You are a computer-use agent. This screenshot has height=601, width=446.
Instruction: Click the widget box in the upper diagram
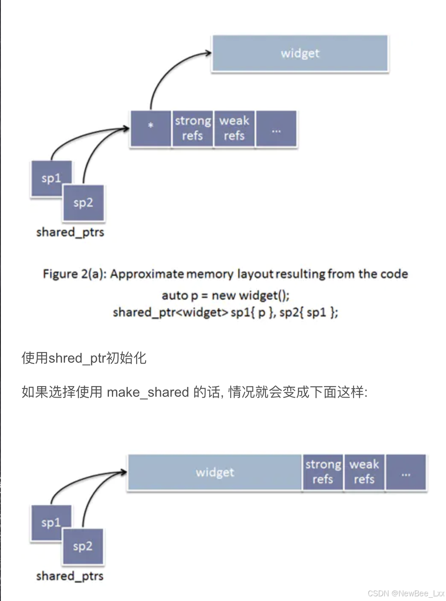pyautogui.click(x=300, y=53)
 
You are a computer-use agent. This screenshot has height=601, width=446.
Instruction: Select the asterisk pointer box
pyautogui.click(x=151, y=129)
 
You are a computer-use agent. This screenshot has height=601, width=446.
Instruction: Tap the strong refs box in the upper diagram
pyautogui.click(x=192, y=129)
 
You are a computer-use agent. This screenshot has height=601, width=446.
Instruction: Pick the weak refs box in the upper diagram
pyautogui.click(x=234, y=129)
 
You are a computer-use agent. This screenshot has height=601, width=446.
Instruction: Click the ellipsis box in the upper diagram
pyautogui.click(x=276, y=129)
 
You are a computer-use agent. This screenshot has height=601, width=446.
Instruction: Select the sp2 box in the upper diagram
pyautogui.click(x=83, y=203)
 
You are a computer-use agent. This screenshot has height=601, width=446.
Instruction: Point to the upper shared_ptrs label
pyautogui.click(x=70, y=232)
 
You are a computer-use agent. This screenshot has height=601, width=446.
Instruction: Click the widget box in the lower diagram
pyautogui.click(x=214, y=472)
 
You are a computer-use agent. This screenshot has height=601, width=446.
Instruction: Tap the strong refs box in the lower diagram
pyautogui.click(x=323, y=472)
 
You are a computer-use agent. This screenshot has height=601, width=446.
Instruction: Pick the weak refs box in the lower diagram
pyautogui.click(x=364, y=472)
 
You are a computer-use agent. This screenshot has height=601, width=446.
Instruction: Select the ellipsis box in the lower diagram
pyautogui.click(x=406, y=472)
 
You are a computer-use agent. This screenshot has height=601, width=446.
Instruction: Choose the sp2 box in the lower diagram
pyautogui.click(x=83, y=547)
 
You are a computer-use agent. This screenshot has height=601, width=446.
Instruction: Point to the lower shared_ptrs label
pyautogui.click(x=70, y=576)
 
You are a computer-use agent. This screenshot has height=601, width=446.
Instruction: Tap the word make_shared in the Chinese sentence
pyautogui.click(x=148, y=392)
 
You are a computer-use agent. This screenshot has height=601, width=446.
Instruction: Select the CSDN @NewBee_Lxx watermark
pyautogui.click(x=406, y=593)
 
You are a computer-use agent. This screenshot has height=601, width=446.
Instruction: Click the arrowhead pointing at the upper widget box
pyautogui.click(x=208, y=53)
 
